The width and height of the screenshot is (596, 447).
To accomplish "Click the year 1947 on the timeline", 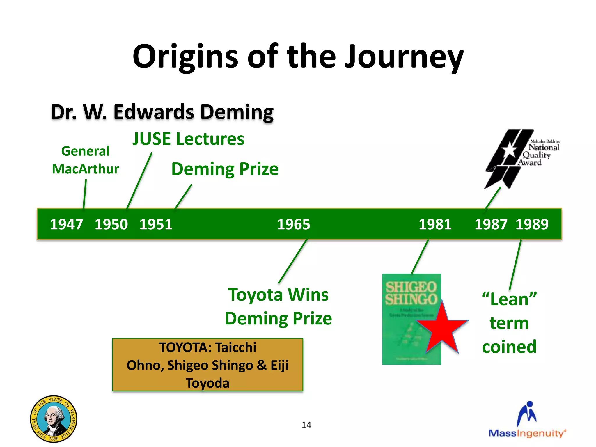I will coord(67,224).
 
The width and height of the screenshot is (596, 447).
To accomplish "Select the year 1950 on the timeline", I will coord(111,224).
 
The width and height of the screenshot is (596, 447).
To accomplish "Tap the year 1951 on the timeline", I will coord(156,224).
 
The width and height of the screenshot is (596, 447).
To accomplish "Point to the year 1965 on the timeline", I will coord(294,224).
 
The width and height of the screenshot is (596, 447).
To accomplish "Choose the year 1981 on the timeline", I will coord(435,224).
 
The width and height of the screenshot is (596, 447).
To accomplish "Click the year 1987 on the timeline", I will coord(491,224).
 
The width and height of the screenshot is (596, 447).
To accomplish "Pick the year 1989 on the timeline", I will coord(532,224).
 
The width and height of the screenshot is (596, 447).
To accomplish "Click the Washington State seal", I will coord(54,419).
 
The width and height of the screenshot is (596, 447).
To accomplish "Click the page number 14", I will coord(306,425).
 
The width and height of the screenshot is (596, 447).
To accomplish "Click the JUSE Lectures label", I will coord(188,139).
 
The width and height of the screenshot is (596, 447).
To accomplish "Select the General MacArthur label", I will coord(85,160).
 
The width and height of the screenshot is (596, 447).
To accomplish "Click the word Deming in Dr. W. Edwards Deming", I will coord(237,112).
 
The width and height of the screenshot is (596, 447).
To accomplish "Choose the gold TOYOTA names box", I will coord(207,365).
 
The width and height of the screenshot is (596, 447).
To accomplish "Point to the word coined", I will coord(509,347).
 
